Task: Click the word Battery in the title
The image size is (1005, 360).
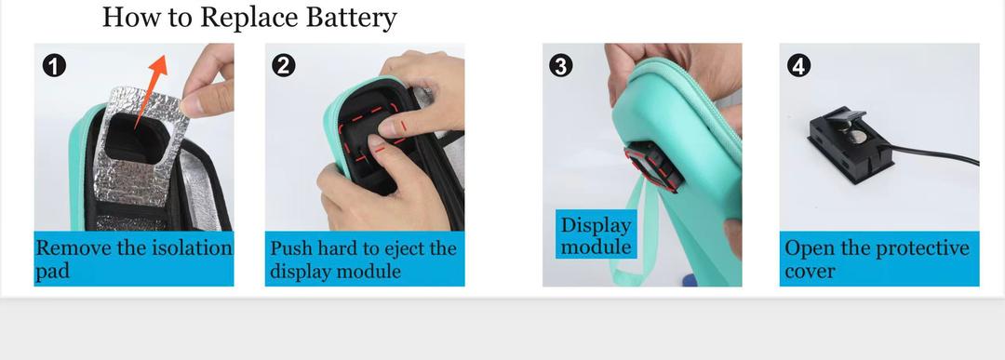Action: (x=351, y=18)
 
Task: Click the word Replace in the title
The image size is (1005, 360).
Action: (x=249, y=18)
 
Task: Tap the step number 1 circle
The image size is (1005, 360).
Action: (x=54, y=65)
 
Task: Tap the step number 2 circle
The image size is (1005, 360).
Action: (x=284, y=65)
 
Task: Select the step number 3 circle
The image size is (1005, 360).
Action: (x=561, y=65)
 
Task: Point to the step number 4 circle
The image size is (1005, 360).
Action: (x=798, y=65)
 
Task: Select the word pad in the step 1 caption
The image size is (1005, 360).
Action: (x=52, y=272)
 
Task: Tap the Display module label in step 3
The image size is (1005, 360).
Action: (x=596, y=235)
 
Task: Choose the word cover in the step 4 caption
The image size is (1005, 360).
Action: (x=810, y=272)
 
